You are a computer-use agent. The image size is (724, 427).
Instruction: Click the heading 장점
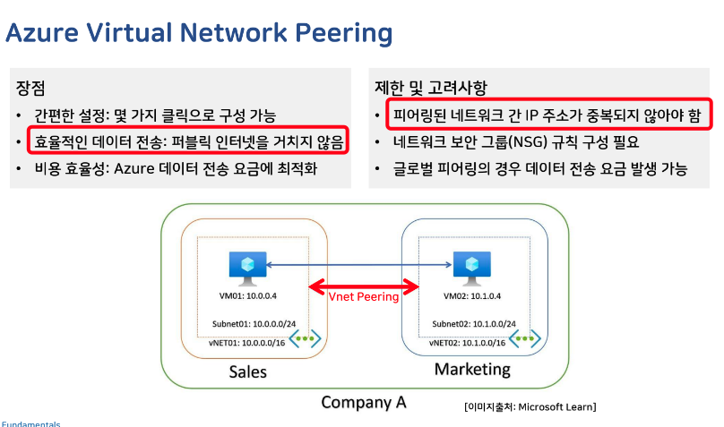click(x=30, y=88)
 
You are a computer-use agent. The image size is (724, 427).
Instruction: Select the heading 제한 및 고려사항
click(x=430, y=88)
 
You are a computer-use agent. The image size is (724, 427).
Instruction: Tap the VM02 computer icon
click(x=465, y=267)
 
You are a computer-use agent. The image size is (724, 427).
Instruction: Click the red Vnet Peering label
click(x=364, y=296)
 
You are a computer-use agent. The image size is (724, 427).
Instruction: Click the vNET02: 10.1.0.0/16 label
click(x=466, y=342)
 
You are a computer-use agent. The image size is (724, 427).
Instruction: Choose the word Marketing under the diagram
click(x=472, y=369)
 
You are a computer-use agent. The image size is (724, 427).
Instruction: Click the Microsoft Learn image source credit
click(x=530, y=406)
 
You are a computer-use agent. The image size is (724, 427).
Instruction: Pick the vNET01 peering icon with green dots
click(x=305, y=338)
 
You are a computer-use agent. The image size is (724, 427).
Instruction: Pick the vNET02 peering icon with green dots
click(x=526, y=338)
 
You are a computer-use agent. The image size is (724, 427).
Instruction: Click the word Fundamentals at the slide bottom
click(x=30, y=423)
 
